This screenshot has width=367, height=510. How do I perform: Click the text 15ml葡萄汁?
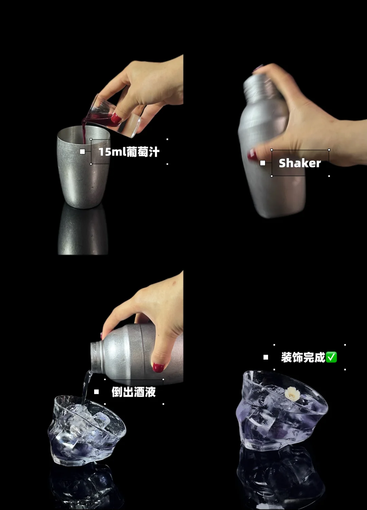pyautogui.click(x=129, y=152)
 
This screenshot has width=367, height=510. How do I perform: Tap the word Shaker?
pyautogui.click(x=300, y=163)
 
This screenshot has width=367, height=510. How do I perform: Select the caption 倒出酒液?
pyautogui.click(x=134, y=392)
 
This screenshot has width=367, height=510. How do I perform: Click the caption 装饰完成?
pyautogui.click(x=303, y=357)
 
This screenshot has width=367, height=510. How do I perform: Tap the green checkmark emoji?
pyautogui.click(x=331, y=357)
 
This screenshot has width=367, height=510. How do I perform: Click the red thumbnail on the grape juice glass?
pyautogui.click(x=116, y=118)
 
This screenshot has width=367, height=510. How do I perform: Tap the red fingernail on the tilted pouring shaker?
pyautogui.click(x=158, y=367)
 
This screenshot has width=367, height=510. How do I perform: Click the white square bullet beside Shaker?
pyautogui.click(x=263, y=163)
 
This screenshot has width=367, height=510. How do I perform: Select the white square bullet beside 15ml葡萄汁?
pyautogui.click(x=82, y=152)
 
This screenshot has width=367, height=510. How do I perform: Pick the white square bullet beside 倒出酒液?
pyautogui.click(x=97, y=392)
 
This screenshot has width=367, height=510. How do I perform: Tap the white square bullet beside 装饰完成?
pyautogui.click(x=266, y=357)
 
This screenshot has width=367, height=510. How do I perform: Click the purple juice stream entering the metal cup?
pyautogui.click(x=84, y=133)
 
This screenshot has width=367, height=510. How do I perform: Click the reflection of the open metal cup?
pyautogui.click(x=83, y=230)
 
